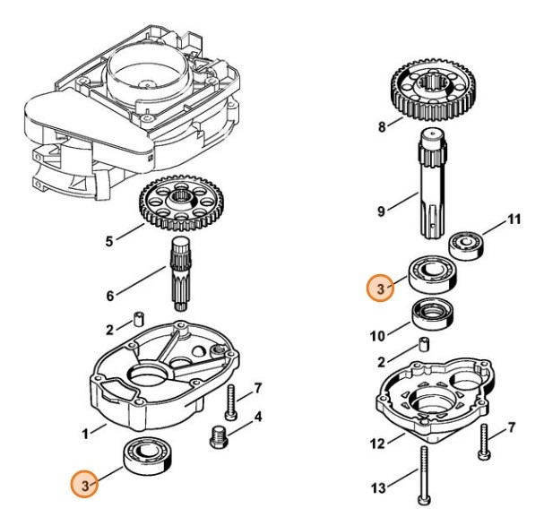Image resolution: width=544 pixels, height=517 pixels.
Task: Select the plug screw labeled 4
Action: (216, 437)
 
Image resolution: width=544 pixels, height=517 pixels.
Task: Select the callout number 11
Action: (513, 218)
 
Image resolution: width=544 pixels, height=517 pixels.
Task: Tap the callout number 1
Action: (86, 434)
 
